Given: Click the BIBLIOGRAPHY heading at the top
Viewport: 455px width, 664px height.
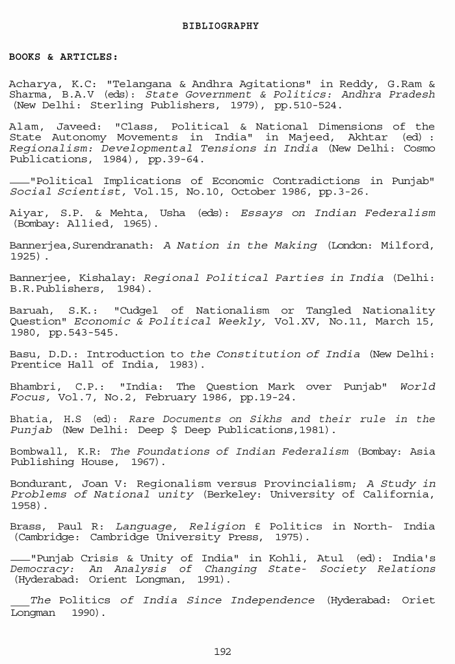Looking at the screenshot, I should (220, 26).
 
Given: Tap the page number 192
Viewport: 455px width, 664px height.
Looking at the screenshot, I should (222, 651).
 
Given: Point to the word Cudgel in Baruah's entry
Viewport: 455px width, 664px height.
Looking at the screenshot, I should (137, 311).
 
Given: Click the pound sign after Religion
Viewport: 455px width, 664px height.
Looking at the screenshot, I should (257, 527).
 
